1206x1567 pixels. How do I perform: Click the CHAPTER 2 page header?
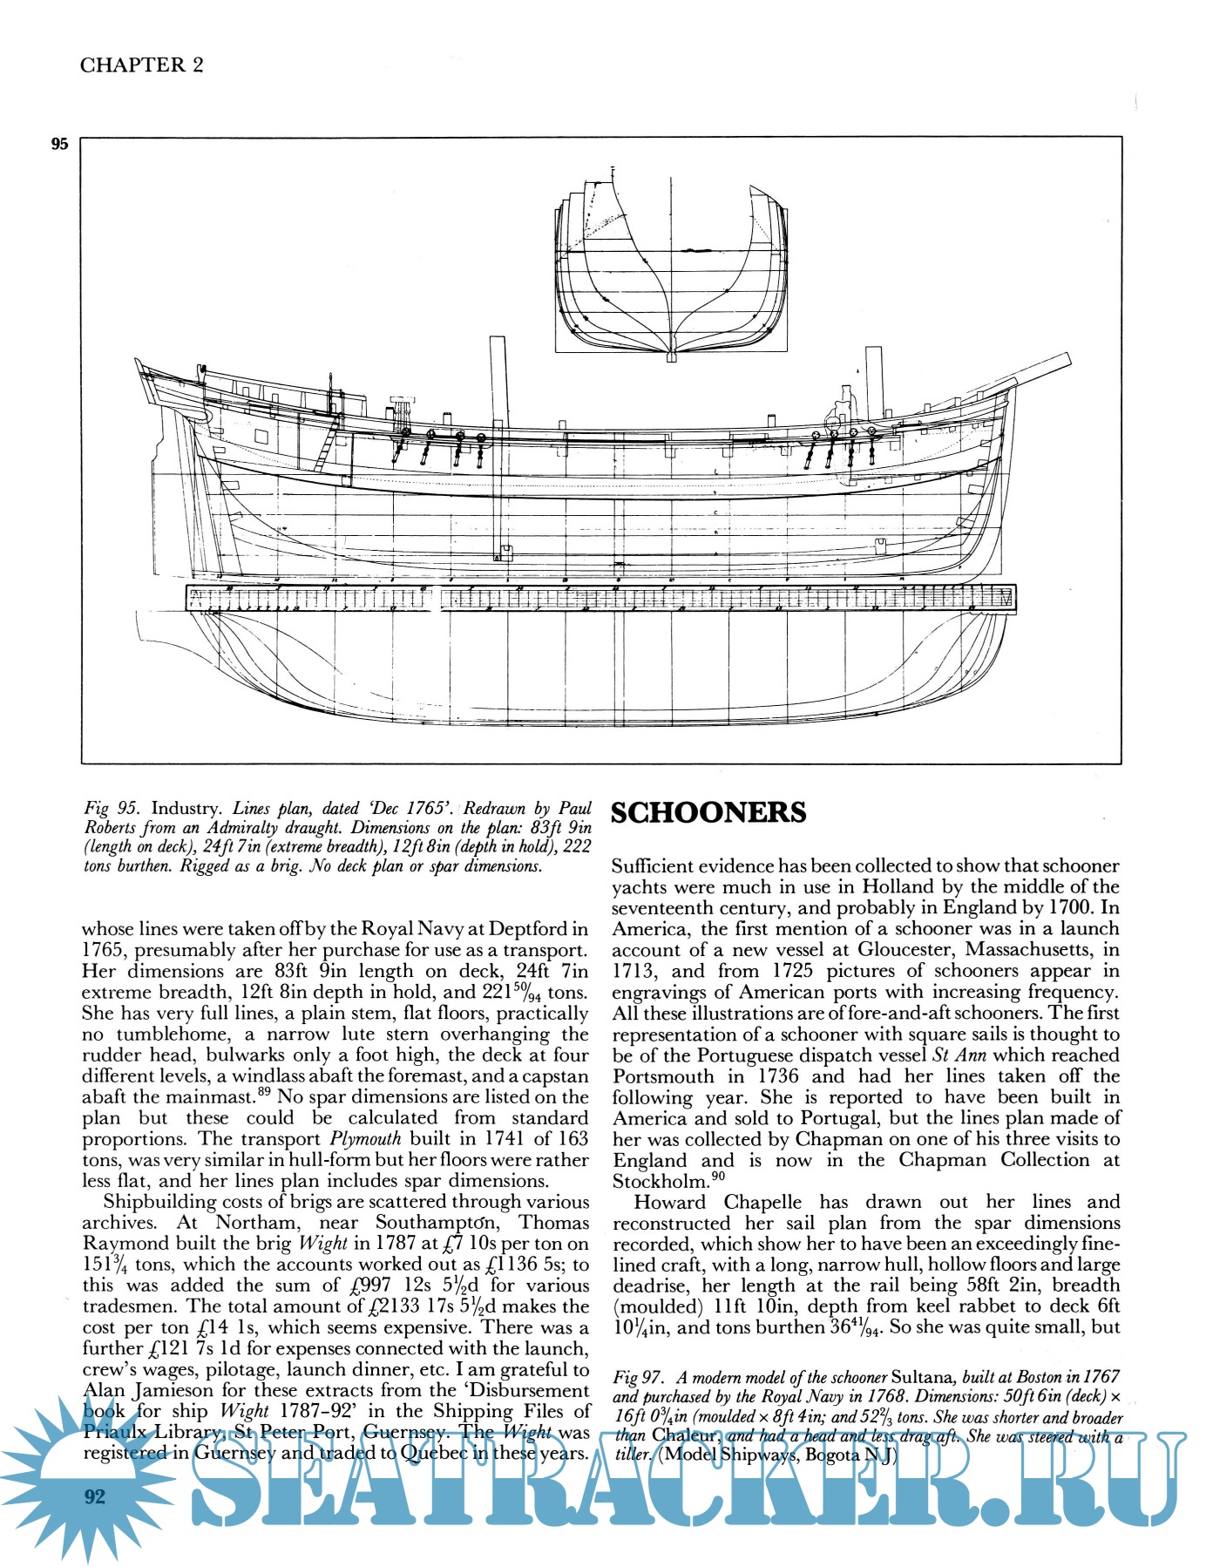click(x=141, y=65)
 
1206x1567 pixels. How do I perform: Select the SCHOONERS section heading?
click(x=708, y=812)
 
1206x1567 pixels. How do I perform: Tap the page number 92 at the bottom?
click(x=94, y=1496)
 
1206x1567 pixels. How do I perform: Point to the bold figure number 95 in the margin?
click(x=59, y=145)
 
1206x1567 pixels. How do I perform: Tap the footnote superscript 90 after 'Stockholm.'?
click(x=719, y=1176)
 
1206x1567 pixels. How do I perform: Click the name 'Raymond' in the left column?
click(x=123, y=1244)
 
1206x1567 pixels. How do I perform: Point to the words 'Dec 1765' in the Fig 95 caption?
click(x=410, y=808)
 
